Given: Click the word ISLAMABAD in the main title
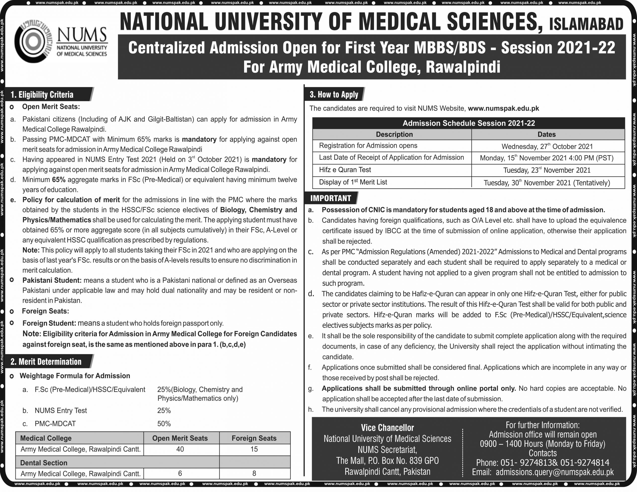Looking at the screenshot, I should tap(586, 24).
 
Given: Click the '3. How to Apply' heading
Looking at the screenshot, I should tap(334, 95).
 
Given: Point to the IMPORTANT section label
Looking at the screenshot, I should tap(330, 198).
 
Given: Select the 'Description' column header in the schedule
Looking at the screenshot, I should tap(394, 134).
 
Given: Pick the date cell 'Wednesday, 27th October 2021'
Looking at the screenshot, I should tap(547, 146).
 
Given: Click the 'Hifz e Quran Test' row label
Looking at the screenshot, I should tap(345, 170).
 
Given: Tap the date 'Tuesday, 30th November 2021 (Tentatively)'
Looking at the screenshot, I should tap(547, 183).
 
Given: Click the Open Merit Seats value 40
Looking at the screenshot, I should tap(180, 449).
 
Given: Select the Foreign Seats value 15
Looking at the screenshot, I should tap(254, 449).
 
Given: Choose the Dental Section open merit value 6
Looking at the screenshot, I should tap(180, 473).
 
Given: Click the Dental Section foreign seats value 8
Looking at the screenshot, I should tap(254, 473).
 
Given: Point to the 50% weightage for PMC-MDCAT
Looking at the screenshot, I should tap(164, 424).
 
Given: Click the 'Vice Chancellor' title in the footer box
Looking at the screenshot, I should tap(387, 428).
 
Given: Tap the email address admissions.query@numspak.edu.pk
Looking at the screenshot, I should tap(554, 472).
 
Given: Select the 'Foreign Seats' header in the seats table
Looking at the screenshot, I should tap(254, 438).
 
